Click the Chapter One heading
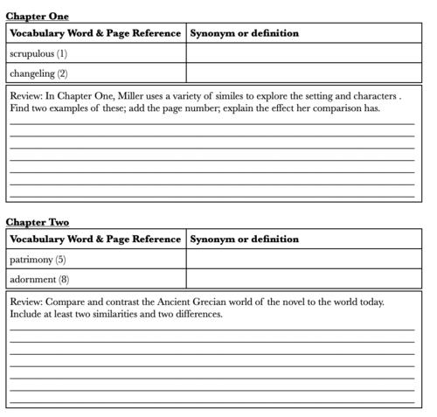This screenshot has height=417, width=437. tap(38, 16)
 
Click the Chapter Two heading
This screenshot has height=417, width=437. tap(38, 222)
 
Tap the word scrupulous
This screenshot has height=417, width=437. tap(31, 53)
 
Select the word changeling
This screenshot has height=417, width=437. tap(32, 73)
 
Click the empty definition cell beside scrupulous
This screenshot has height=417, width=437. tap(303, 53)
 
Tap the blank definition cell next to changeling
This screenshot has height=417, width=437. tap(303, 73)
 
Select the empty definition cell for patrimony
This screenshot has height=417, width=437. tap(303, 260)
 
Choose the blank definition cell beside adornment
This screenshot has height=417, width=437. tap(303, 280)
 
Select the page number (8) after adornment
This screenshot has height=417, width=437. tap(64, 280)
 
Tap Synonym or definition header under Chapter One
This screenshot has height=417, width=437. tap(244, 33)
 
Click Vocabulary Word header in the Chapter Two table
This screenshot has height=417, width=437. tap(52, 239)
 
